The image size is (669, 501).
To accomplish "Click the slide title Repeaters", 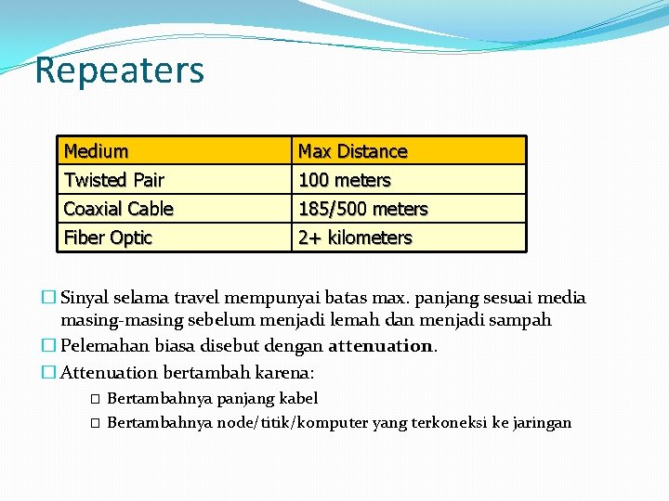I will (119, 71).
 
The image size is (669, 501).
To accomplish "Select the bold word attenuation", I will (381, 346).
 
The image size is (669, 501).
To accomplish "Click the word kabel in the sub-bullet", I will (298, 398).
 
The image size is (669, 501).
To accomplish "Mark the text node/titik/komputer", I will (292, 423).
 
